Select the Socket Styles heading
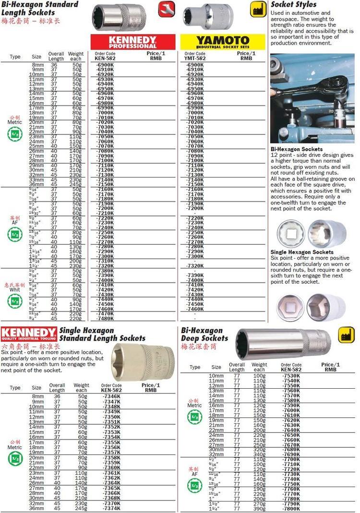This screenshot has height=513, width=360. (294, 5)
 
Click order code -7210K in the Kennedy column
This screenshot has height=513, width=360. (105, 213)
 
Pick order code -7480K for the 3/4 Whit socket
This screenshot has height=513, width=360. (105, 318)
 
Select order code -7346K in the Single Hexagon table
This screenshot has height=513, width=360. (111, 396)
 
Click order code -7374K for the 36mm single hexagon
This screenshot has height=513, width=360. (111, 508)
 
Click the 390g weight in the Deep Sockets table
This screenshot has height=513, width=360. (259, 508)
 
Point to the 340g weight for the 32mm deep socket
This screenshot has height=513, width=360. (259, 454)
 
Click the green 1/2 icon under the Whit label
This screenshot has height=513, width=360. (15, 301)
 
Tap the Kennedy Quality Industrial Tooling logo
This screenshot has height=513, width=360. (28, 334)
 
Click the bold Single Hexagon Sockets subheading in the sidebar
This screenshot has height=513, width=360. (302, 252)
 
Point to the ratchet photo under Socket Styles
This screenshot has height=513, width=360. (312, 98)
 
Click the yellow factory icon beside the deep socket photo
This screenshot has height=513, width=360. (346, 334)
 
